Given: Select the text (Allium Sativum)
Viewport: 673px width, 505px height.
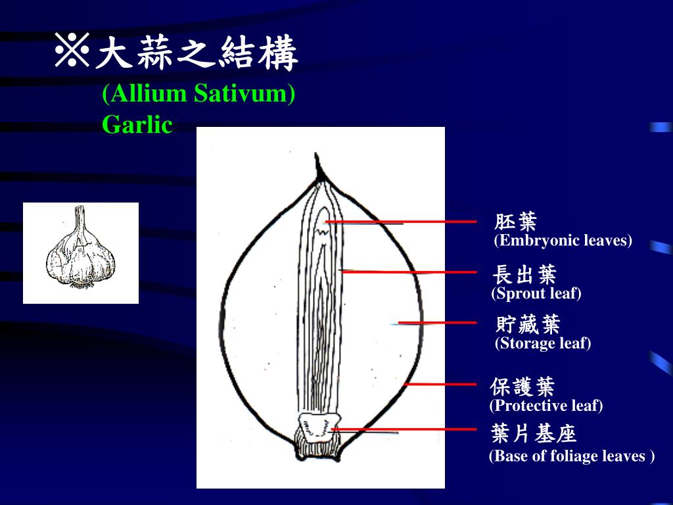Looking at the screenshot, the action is point(198,94).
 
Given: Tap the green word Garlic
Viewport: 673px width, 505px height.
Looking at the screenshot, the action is point(137,124).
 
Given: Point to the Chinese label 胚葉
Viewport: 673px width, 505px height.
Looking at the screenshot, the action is point(516,222).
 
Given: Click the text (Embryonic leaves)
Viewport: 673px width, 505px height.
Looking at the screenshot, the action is point(563,241).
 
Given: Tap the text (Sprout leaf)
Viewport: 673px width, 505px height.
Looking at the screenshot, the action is point(536,293).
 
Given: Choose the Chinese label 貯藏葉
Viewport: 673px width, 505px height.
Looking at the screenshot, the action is point(528,324).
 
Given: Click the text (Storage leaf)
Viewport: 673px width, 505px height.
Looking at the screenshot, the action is point(543,343).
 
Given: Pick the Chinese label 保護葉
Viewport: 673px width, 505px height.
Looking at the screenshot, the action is point(522,386).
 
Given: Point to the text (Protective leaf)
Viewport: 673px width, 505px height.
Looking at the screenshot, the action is point(545,406).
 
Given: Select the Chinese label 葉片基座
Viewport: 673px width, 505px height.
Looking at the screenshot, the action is point(533,434).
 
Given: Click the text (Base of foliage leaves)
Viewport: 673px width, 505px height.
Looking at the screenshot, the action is point(571,456).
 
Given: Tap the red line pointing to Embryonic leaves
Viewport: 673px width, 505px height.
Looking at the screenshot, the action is point(401,222).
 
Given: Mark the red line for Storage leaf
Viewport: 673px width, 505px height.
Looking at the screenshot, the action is point(437,323).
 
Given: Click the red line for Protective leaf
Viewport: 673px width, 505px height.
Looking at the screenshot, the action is point(440,384).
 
